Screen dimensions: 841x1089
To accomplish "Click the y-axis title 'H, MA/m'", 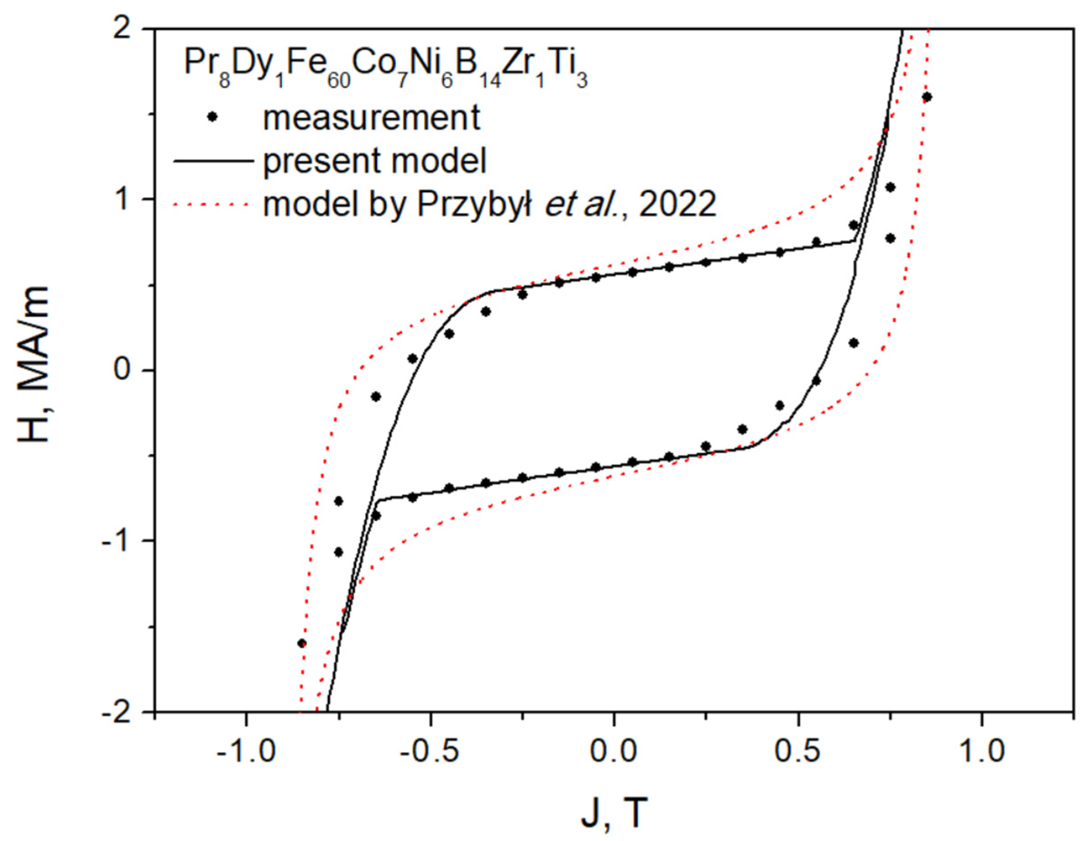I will (x=34, y=364).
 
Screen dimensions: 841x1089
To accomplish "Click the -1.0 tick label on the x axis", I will (x=246, y=751).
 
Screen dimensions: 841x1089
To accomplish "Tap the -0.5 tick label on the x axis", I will (x=430, y=751).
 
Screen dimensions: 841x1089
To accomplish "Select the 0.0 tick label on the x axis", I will (x=614, y=751).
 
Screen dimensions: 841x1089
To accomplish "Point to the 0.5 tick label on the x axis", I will (x=798, y=751).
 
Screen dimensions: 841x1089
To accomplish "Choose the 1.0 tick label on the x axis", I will (x=982, y=751).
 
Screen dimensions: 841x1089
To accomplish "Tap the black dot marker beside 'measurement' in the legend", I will (x=213, y=117).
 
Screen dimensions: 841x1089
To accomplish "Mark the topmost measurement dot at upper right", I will (x=927, y=97).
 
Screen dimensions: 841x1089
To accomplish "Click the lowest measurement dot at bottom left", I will (x=302, y=643).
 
